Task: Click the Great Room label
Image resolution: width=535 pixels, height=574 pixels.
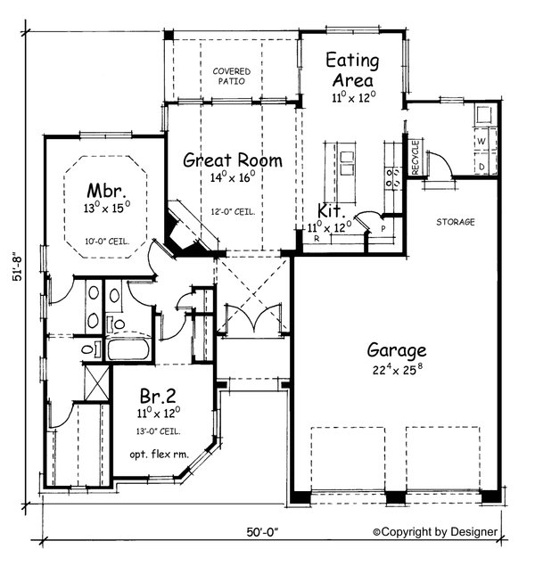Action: point(233,160)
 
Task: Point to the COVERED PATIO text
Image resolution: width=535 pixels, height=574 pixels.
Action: point(232,76)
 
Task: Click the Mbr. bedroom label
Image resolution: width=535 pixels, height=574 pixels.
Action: point(103,191)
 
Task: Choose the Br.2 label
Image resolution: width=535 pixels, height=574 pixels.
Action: point(159,395)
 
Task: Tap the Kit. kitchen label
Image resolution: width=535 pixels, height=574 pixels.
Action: point(332,211)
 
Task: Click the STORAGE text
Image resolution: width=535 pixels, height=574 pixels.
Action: point(455,221)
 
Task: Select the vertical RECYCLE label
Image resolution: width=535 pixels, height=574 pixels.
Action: point(416,158)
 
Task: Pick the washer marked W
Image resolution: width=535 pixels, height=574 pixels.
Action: point(481,142)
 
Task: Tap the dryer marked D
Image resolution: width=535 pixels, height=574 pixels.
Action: point(481,165)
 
